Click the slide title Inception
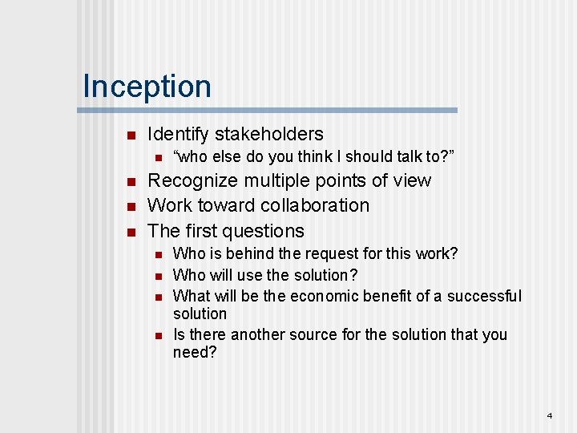(x=147, y=87)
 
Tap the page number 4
(x=550, y=416)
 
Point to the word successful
(x=484, y=296)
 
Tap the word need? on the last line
(x=195, y=352)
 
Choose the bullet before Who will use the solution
(x=159, y=276)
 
